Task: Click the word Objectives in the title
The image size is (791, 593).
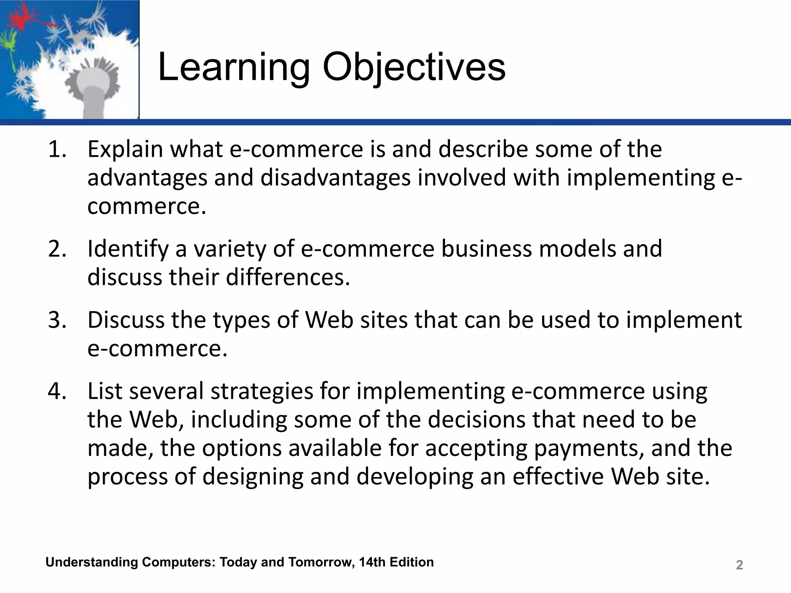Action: tap(414, 68)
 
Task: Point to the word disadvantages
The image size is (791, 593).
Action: tap(335, 178)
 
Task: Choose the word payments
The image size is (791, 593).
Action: tap(589, 448)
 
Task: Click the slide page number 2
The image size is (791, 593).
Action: tap(739, 565)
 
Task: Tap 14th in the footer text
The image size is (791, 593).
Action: tap(372, 562)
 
